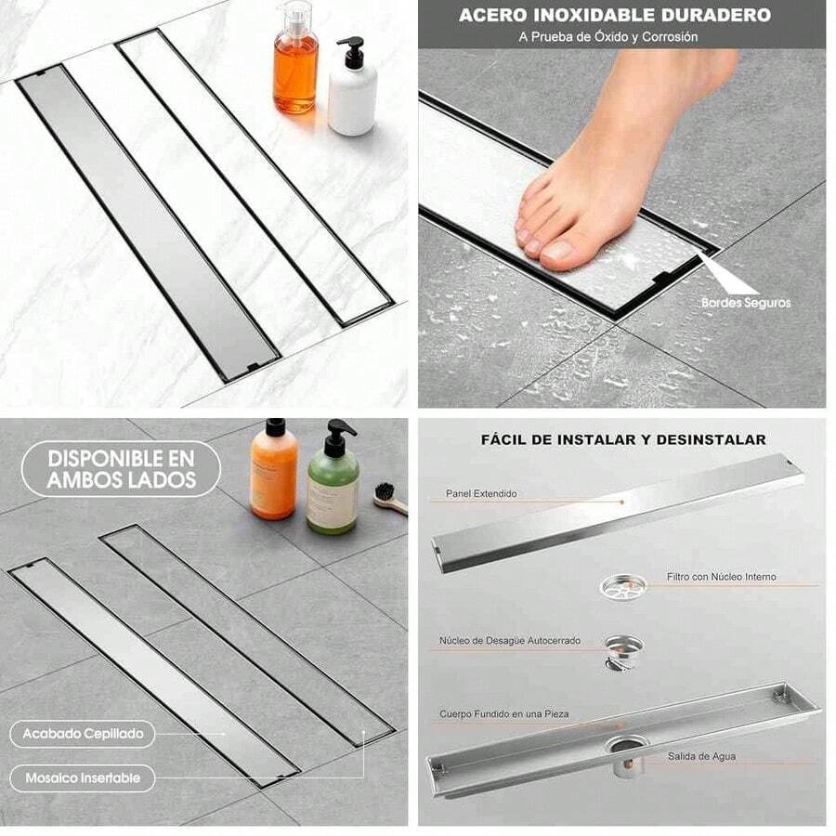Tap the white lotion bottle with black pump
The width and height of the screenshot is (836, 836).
pyautogui.click(x=353, y=93)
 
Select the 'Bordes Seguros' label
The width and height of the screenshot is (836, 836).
pyautogui.click(x=746, y=302)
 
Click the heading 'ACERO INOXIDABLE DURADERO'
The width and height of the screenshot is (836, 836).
pyautogui.click(x=614, y=16)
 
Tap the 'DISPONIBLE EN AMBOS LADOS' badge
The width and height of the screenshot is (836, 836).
pyautogui.click(x=122, y=469)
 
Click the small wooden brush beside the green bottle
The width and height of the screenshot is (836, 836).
pyautogui.click(x=390, y=500)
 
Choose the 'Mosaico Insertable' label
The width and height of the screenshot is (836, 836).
pyautogui.click(x=83, y=777)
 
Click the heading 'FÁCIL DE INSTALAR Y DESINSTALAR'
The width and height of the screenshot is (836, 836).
pyautogui.click(x=623, y=439)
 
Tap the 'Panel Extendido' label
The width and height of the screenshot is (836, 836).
pyautogui.click(x=481, y=494)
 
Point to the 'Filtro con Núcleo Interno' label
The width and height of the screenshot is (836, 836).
pyautogui.click(x=721, y=577)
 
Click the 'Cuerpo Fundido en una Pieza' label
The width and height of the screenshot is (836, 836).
pyautogui.click(x=504, y=713)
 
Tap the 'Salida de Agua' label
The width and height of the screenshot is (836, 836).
pyautogui.click(x=701, y=756)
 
